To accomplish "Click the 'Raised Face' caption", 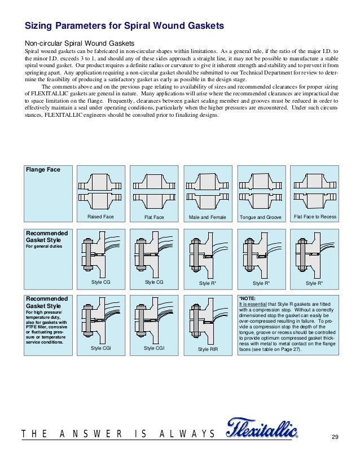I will (x=100, y=217).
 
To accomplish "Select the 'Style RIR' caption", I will (x=208, y=350).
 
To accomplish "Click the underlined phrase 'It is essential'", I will (x=252, y=304).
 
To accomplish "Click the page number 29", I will (x=335, y=438).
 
